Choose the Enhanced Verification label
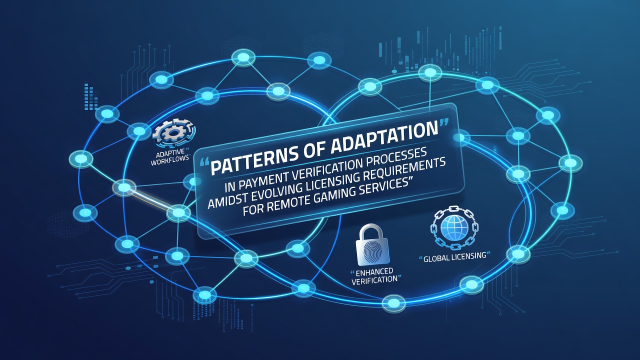pos(374,275)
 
